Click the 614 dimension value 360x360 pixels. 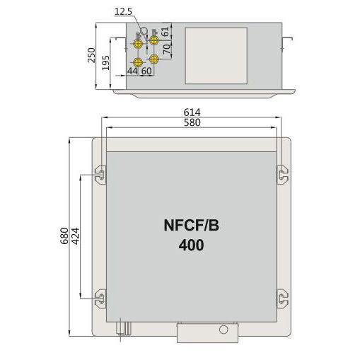(192, 112)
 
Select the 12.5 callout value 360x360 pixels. (123, 12)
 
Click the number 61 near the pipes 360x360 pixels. (166, 32)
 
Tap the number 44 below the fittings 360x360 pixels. (132, 71)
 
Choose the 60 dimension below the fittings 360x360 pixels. (147, 71)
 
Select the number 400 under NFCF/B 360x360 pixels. (191, 246)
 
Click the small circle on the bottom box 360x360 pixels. (224, 329)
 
